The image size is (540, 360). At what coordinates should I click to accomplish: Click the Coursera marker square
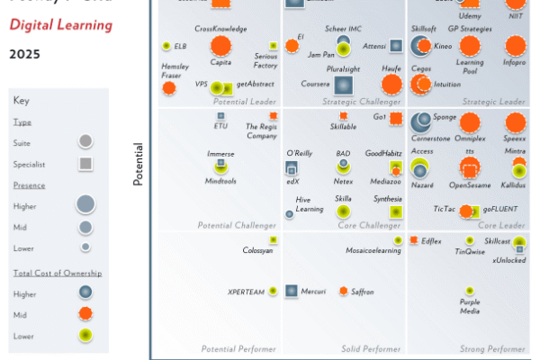coord(343,85)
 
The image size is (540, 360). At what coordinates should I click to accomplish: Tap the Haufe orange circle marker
coord(391,84)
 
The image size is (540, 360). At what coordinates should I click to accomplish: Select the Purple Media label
coord(469,307)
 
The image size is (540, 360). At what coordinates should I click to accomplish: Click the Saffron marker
coord(343,291)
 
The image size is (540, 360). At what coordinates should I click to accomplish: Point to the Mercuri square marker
coord(292,291)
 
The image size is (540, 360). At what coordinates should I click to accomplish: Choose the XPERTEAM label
coord(247,292)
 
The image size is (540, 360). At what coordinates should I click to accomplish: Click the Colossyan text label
coord(258,250)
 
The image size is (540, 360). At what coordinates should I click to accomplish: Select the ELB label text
coord(180,45)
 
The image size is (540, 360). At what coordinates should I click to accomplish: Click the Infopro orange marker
coord(515,45)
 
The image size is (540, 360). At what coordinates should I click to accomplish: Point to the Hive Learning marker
coord(290,213)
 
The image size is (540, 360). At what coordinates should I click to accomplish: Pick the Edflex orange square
coord(413,240)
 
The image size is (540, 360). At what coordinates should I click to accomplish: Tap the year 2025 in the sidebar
coord(24,54)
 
